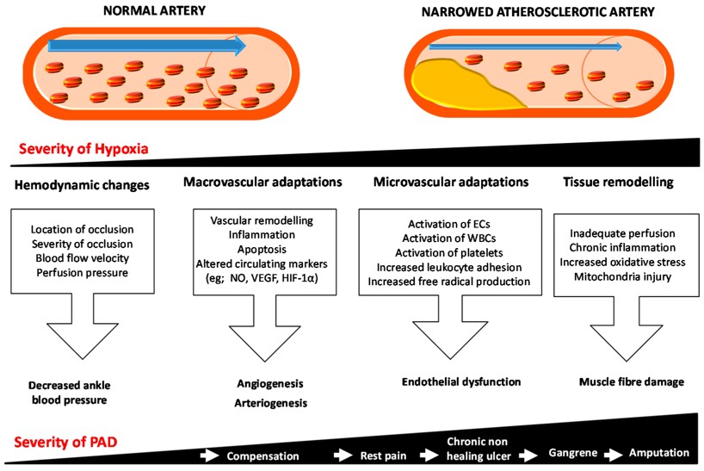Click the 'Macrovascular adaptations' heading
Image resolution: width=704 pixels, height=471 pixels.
pyautogui.click(x=261, y=183)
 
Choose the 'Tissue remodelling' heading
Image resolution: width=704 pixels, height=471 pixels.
pyautogui.click(x=617, y=183)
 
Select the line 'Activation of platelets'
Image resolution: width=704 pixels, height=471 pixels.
pyautogui.click(x=442, y=252)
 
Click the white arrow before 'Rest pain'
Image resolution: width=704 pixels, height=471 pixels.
pyautogui.click(x=346, y=454)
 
